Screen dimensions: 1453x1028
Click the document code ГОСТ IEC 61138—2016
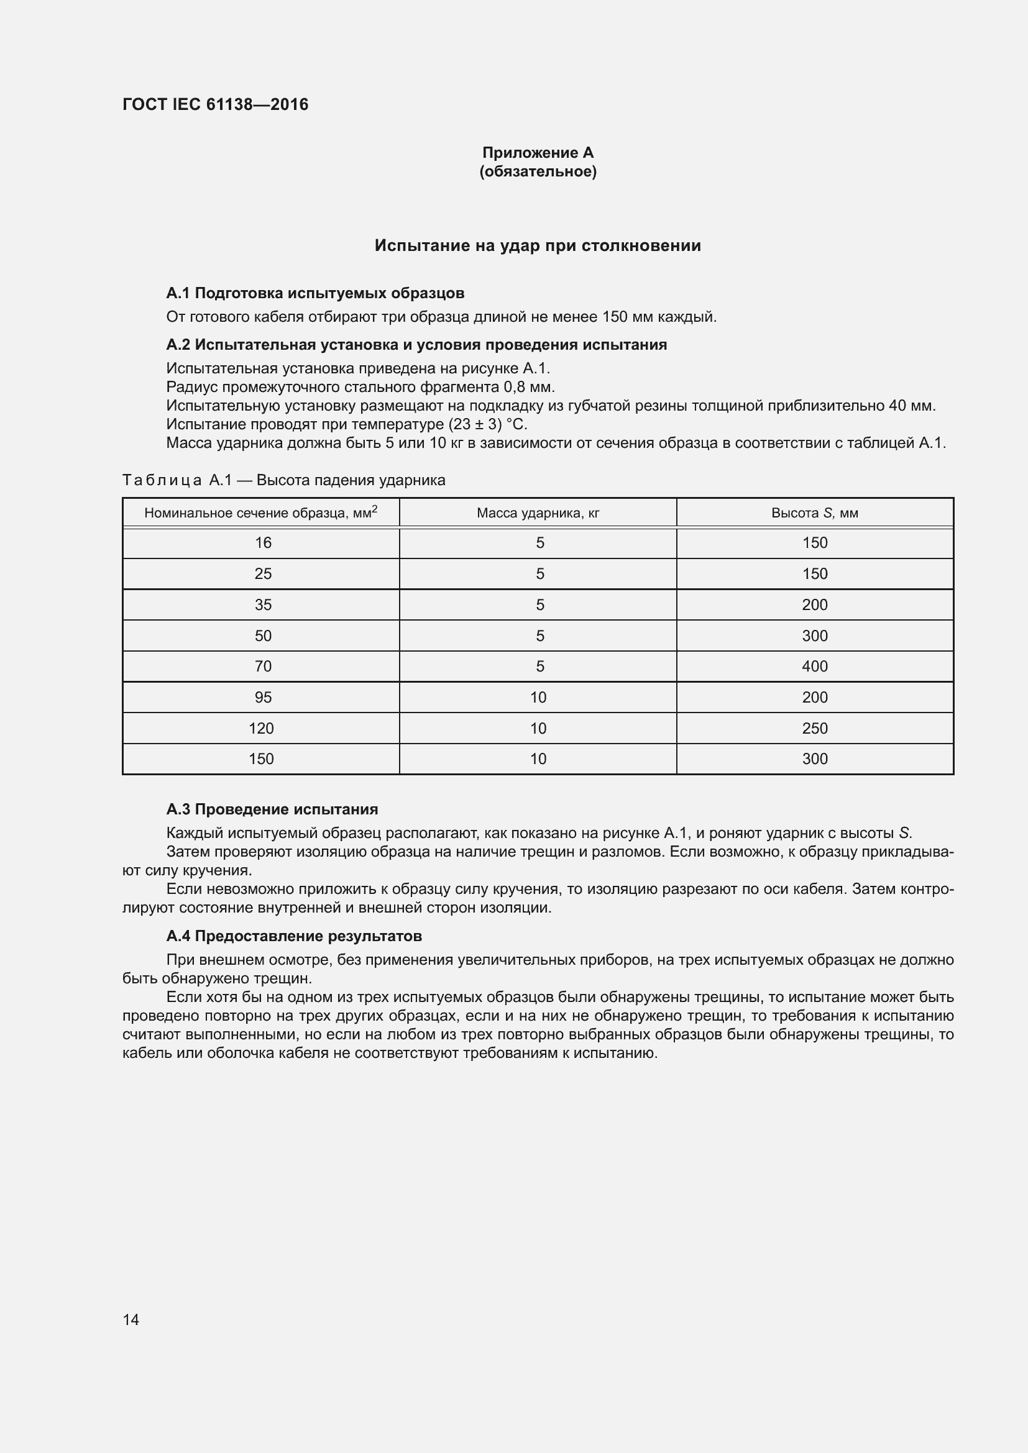[215, 104]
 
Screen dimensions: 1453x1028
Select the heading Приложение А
[538, 153]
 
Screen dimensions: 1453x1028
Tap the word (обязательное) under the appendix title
[538, 171]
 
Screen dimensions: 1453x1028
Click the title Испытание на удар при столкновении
[538, 245]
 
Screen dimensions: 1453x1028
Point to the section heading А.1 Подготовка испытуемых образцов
[315, 293]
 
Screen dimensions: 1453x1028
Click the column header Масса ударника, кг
[538, 513]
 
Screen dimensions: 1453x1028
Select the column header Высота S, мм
[814, 513]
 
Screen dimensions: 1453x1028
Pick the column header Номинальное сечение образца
[260, 512]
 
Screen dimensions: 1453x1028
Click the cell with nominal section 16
[263, 543]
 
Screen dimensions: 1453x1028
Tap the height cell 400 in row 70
[814, 667]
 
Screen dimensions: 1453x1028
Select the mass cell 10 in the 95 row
[538, 698]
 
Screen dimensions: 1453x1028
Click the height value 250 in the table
[814, 729]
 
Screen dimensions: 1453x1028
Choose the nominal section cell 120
[261, 729]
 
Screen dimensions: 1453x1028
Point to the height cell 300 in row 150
[814, 758]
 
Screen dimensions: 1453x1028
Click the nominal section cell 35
[263, 605]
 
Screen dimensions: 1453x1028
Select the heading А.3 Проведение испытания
[272, 809]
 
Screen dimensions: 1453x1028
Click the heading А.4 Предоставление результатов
[294, 936]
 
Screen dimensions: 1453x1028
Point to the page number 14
[131, 1319]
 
